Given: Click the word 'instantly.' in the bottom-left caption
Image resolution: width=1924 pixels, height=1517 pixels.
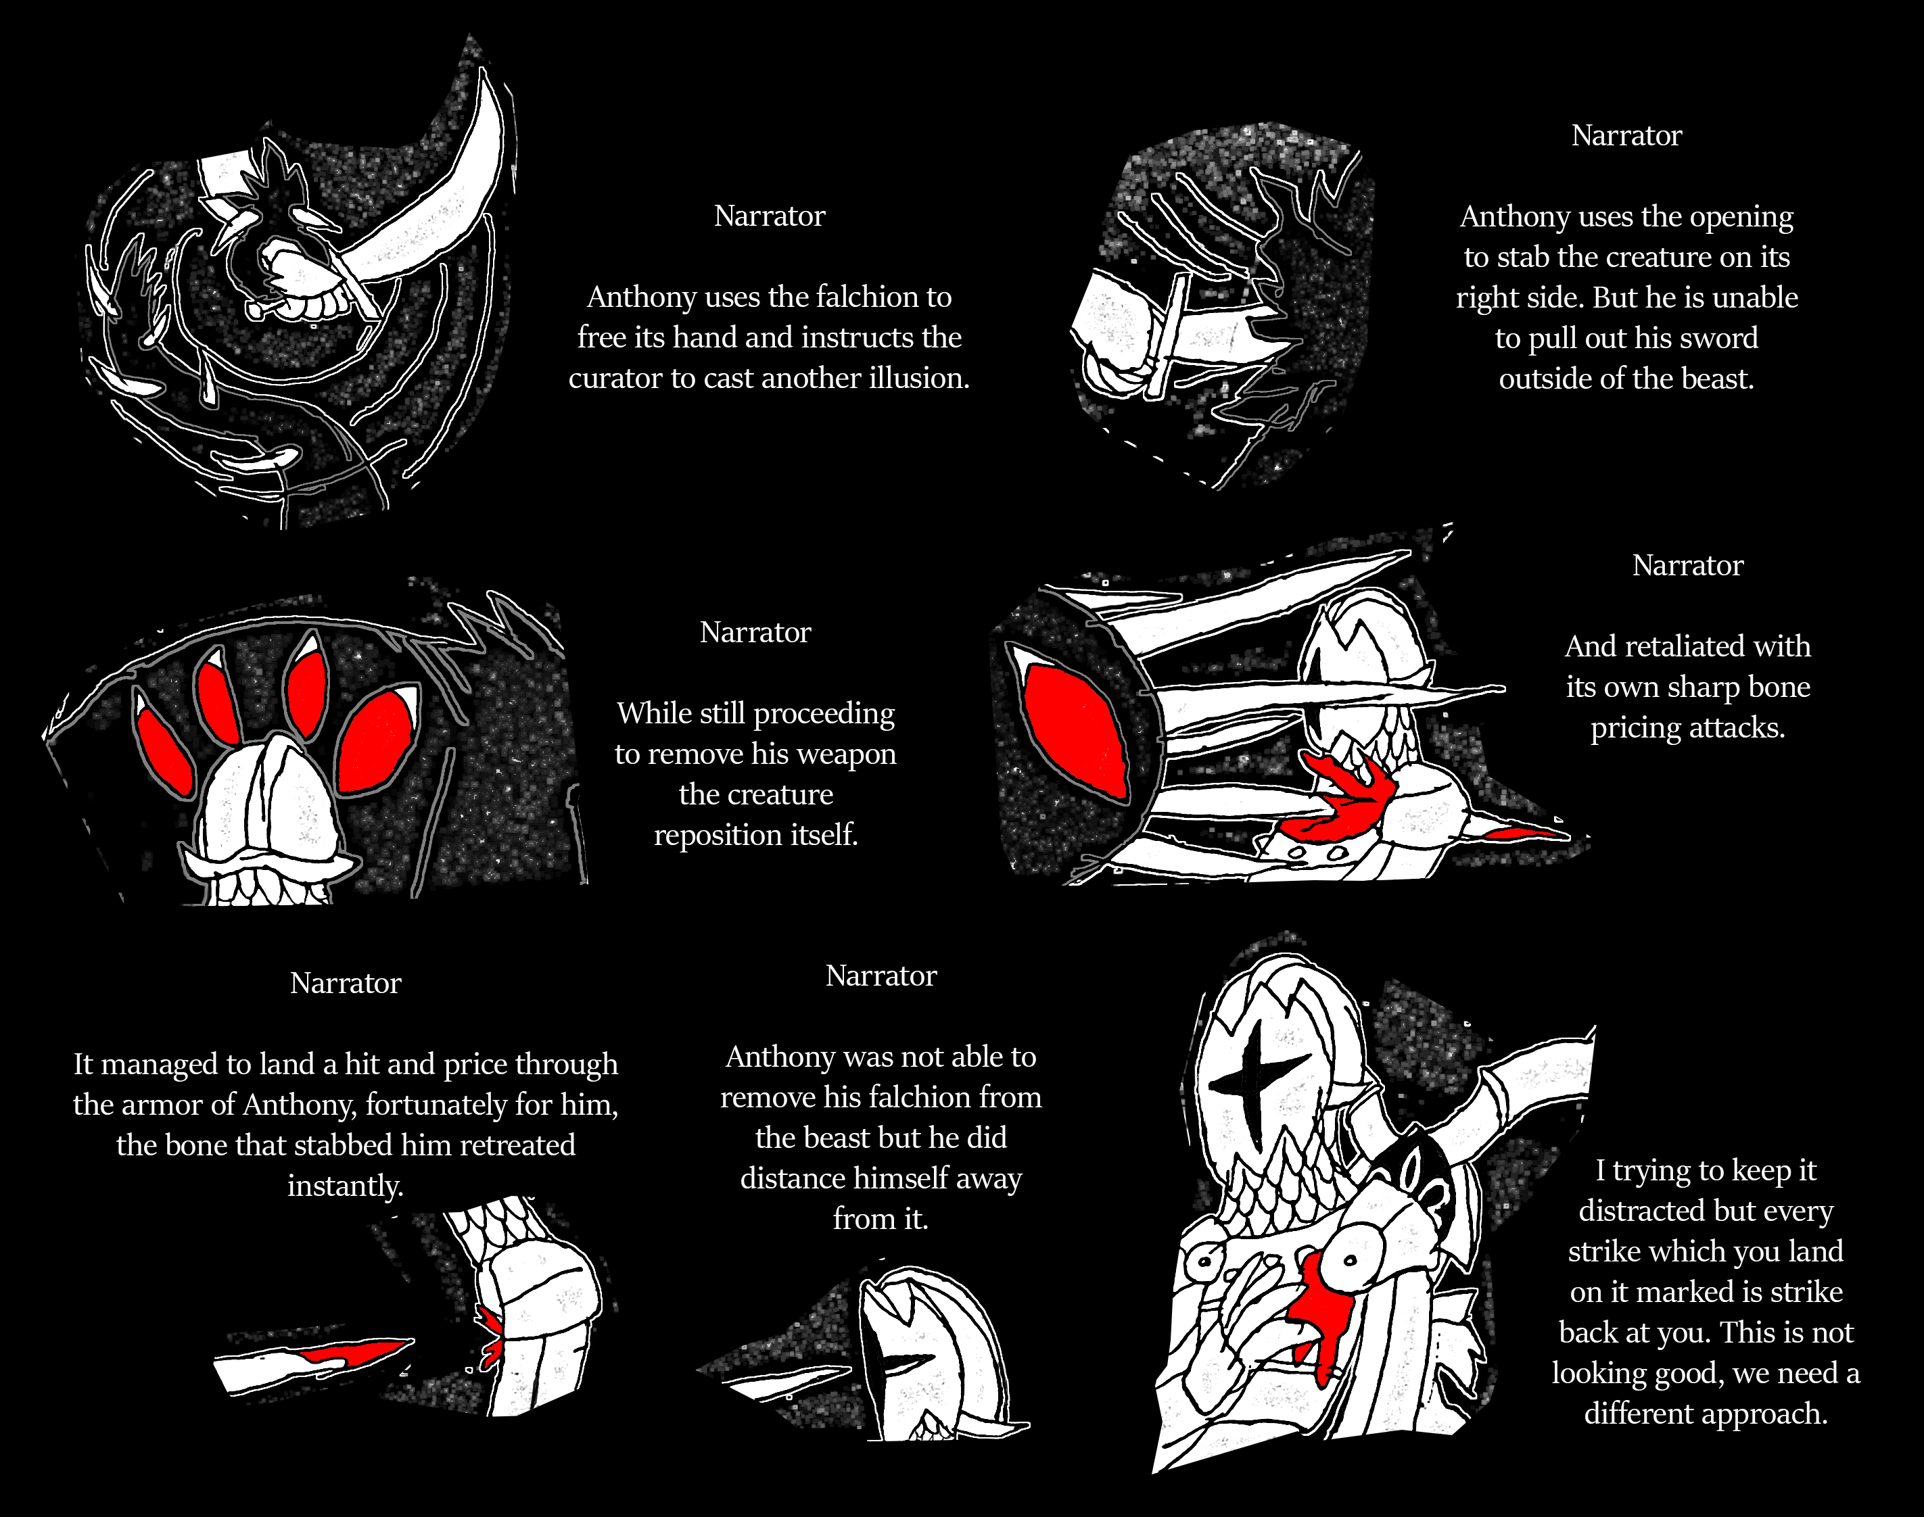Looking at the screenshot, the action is [x=346, y=1186].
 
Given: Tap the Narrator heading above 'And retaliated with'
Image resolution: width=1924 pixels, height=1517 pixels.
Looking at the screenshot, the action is [x=1688, y=566].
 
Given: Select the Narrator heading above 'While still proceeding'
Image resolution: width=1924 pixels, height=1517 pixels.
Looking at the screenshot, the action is [x=755, y=632].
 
